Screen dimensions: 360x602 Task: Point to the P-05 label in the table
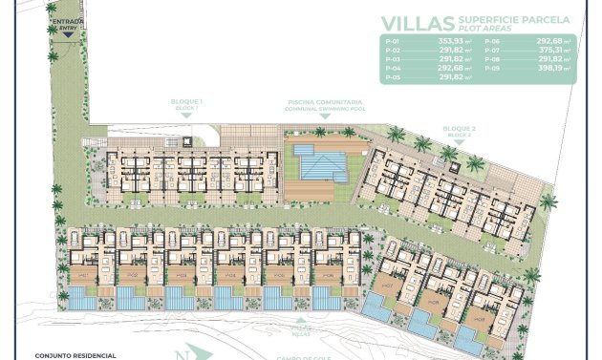[390, 77]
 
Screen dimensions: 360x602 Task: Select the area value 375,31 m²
[553, 52]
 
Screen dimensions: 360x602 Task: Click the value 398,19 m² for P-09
[553, 69]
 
